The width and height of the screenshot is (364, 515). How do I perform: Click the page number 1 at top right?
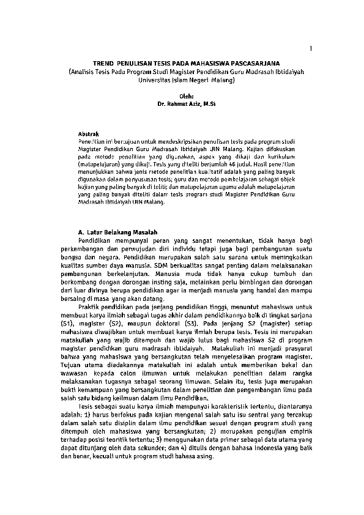[311, 48]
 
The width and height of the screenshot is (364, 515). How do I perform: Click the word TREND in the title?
[103, 63]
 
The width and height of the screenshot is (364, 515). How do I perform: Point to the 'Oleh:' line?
[185, 96]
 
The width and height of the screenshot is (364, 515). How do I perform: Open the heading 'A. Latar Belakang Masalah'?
[118, 233]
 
